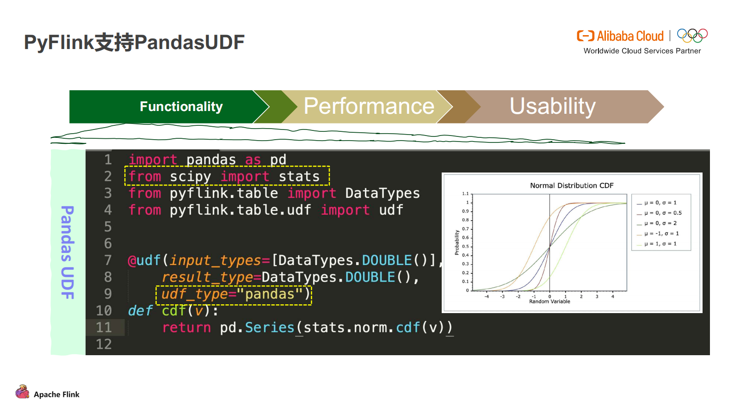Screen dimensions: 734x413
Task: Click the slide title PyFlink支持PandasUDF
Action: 134,42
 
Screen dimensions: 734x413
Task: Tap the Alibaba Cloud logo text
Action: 630,36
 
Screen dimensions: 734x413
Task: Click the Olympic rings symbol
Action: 692,36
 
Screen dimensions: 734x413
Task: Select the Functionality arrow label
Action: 181,106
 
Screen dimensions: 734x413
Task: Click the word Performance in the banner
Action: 369,106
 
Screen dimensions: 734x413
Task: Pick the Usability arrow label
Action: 553,106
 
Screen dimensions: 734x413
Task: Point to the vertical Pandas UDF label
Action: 68,253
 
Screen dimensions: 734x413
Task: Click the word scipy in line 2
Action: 191,177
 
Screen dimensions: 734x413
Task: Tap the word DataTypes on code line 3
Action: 382,193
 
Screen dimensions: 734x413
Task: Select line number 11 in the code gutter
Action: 104,327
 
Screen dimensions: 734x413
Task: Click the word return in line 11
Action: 186,327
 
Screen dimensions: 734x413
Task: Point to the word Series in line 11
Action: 270,327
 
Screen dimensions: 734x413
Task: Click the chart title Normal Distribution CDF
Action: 572,185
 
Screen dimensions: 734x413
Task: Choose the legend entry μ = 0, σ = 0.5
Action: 659,213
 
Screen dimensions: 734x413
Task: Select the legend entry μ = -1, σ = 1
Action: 658,234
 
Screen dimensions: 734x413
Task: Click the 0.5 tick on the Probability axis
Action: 465,247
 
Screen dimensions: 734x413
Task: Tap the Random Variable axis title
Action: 549,302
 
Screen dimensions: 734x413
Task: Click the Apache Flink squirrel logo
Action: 22,392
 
